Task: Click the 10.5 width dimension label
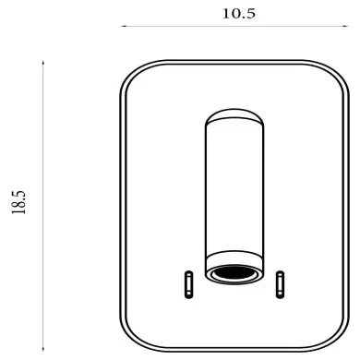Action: click(239, 14)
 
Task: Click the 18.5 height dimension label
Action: click(19, 202)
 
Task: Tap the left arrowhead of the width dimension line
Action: click(124, 26)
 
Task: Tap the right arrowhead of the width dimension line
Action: click(345, 26)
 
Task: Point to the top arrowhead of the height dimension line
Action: click(43, 63)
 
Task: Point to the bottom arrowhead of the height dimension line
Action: click(43, 348)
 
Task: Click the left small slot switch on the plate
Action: click(188, 284)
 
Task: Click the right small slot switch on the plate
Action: click(280, 284)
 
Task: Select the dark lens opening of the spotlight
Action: click(234, 272)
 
